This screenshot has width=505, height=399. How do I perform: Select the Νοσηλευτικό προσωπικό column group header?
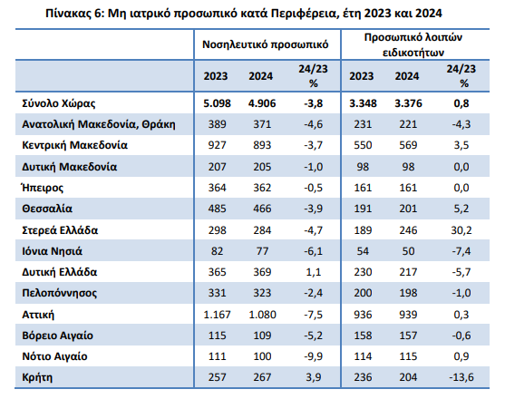265,44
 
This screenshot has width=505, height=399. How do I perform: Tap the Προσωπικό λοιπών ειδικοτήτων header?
413,44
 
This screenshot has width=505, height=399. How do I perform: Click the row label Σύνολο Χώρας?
59,103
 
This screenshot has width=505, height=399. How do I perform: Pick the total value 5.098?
217,103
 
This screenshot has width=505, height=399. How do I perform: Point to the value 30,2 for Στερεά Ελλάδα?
461,230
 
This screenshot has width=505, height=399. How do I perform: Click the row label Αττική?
38,315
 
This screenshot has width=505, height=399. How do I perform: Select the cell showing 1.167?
217,315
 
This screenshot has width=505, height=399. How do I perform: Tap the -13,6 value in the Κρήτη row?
461,377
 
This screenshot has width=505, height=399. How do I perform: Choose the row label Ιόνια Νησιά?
52,251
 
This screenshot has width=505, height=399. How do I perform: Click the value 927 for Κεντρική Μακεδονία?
217,145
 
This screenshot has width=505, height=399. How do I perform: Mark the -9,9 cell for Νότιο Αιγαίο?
313,356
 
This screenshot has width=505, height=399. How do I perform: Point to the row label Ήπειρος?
43,188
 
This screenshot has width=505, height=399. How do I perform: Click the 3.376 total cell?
408,103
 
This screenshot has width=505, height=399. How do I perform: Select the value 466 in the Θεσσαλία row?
262,209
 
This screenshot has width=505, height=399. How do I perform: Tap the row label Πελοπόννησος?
59,293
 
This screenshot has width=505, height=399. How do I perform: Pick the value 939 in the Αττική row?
408,315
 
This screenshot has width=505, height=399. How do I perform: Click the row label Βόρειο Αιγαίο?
57,336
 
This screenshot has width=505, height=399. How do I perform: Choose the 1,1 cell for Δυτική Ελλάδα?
313,272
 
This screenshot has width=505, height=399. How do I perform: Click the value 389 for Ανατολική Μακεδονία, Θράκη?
217,124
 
